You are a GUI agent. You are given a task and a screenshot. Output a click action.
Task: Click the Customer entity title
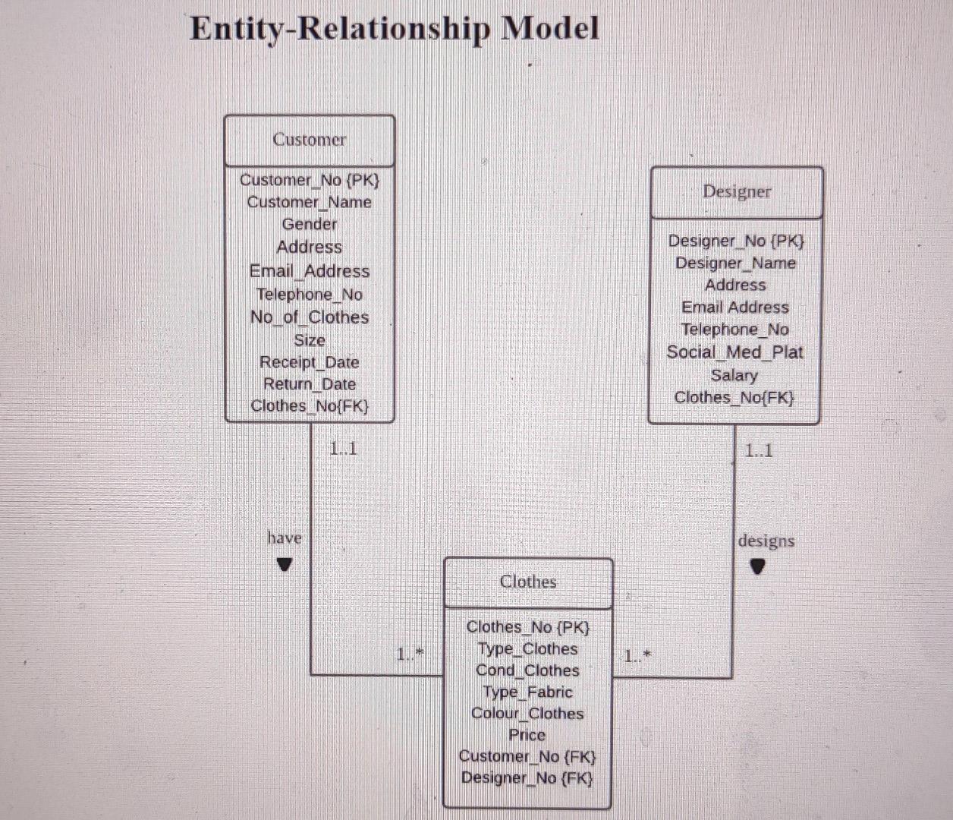[309, 140]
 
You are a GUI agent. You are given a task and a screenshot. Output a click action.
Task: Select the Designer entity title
[736, 191]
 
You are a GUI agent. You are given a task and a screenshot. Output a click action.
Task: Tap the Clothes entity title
[527, 582]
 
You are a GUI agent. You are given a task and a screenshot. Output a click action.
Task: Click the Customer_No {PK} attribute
[309, 180]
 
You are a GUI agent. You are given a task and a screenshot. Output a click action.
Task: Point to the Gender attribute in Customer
[309, 224]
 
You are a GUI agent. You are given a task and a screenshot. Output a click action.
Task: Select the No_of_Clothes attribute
[309, 317]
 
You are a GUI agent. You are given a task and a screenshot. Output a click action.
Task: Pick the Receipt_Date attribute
[309, 362]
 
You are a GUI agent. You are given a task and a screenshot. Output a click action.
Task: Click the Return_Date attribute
[309, 384]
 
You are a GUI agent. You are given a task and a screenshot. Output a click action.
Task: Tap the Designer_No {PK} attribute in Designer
[735, 241]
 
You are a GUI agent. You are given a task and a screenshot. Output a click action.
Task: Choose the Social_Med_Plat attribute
[734, 352]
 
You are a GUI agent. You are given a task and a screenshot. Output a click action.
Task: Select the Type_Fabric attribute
[527, 692]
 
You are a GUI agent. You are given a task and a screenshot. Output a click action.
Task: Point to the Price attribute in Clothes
[527, 735]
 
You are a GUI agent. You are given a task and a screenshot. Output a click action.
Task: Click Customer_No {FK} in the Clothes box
[527, 756]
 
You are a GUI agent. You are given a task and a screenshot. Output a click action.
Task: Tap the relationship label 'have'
[285, 538]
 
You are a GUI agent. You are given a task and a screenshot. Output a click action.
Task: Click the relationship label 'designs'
[766, 541]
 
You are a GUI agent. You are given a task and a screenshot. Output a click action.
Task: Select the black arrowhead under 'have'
[285, 564]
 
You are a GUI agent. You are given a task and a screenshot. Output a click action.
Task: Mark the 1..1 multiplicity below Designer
[758, 450]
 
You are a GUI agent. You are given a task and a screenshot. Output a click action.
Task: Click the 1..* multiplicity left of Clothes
[410, 654]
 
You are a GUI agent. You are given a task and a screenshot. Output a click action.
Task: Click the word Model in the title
[551, 29]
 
